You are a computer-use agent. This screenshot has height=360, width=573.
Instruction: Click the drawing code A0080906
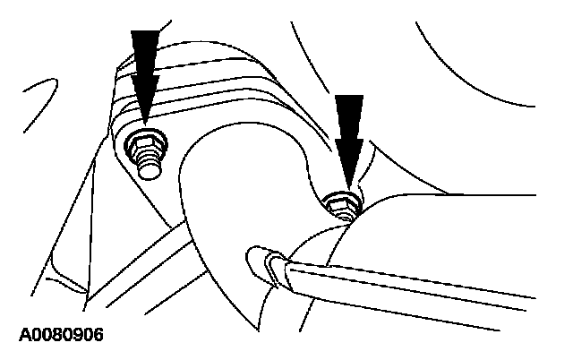point(60,336)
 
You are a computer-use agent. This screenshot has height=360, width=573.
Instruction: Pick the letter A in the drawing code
point(23,336)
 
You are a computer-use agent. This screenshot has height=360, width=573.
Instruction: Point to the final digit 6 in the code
point(98,336)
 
